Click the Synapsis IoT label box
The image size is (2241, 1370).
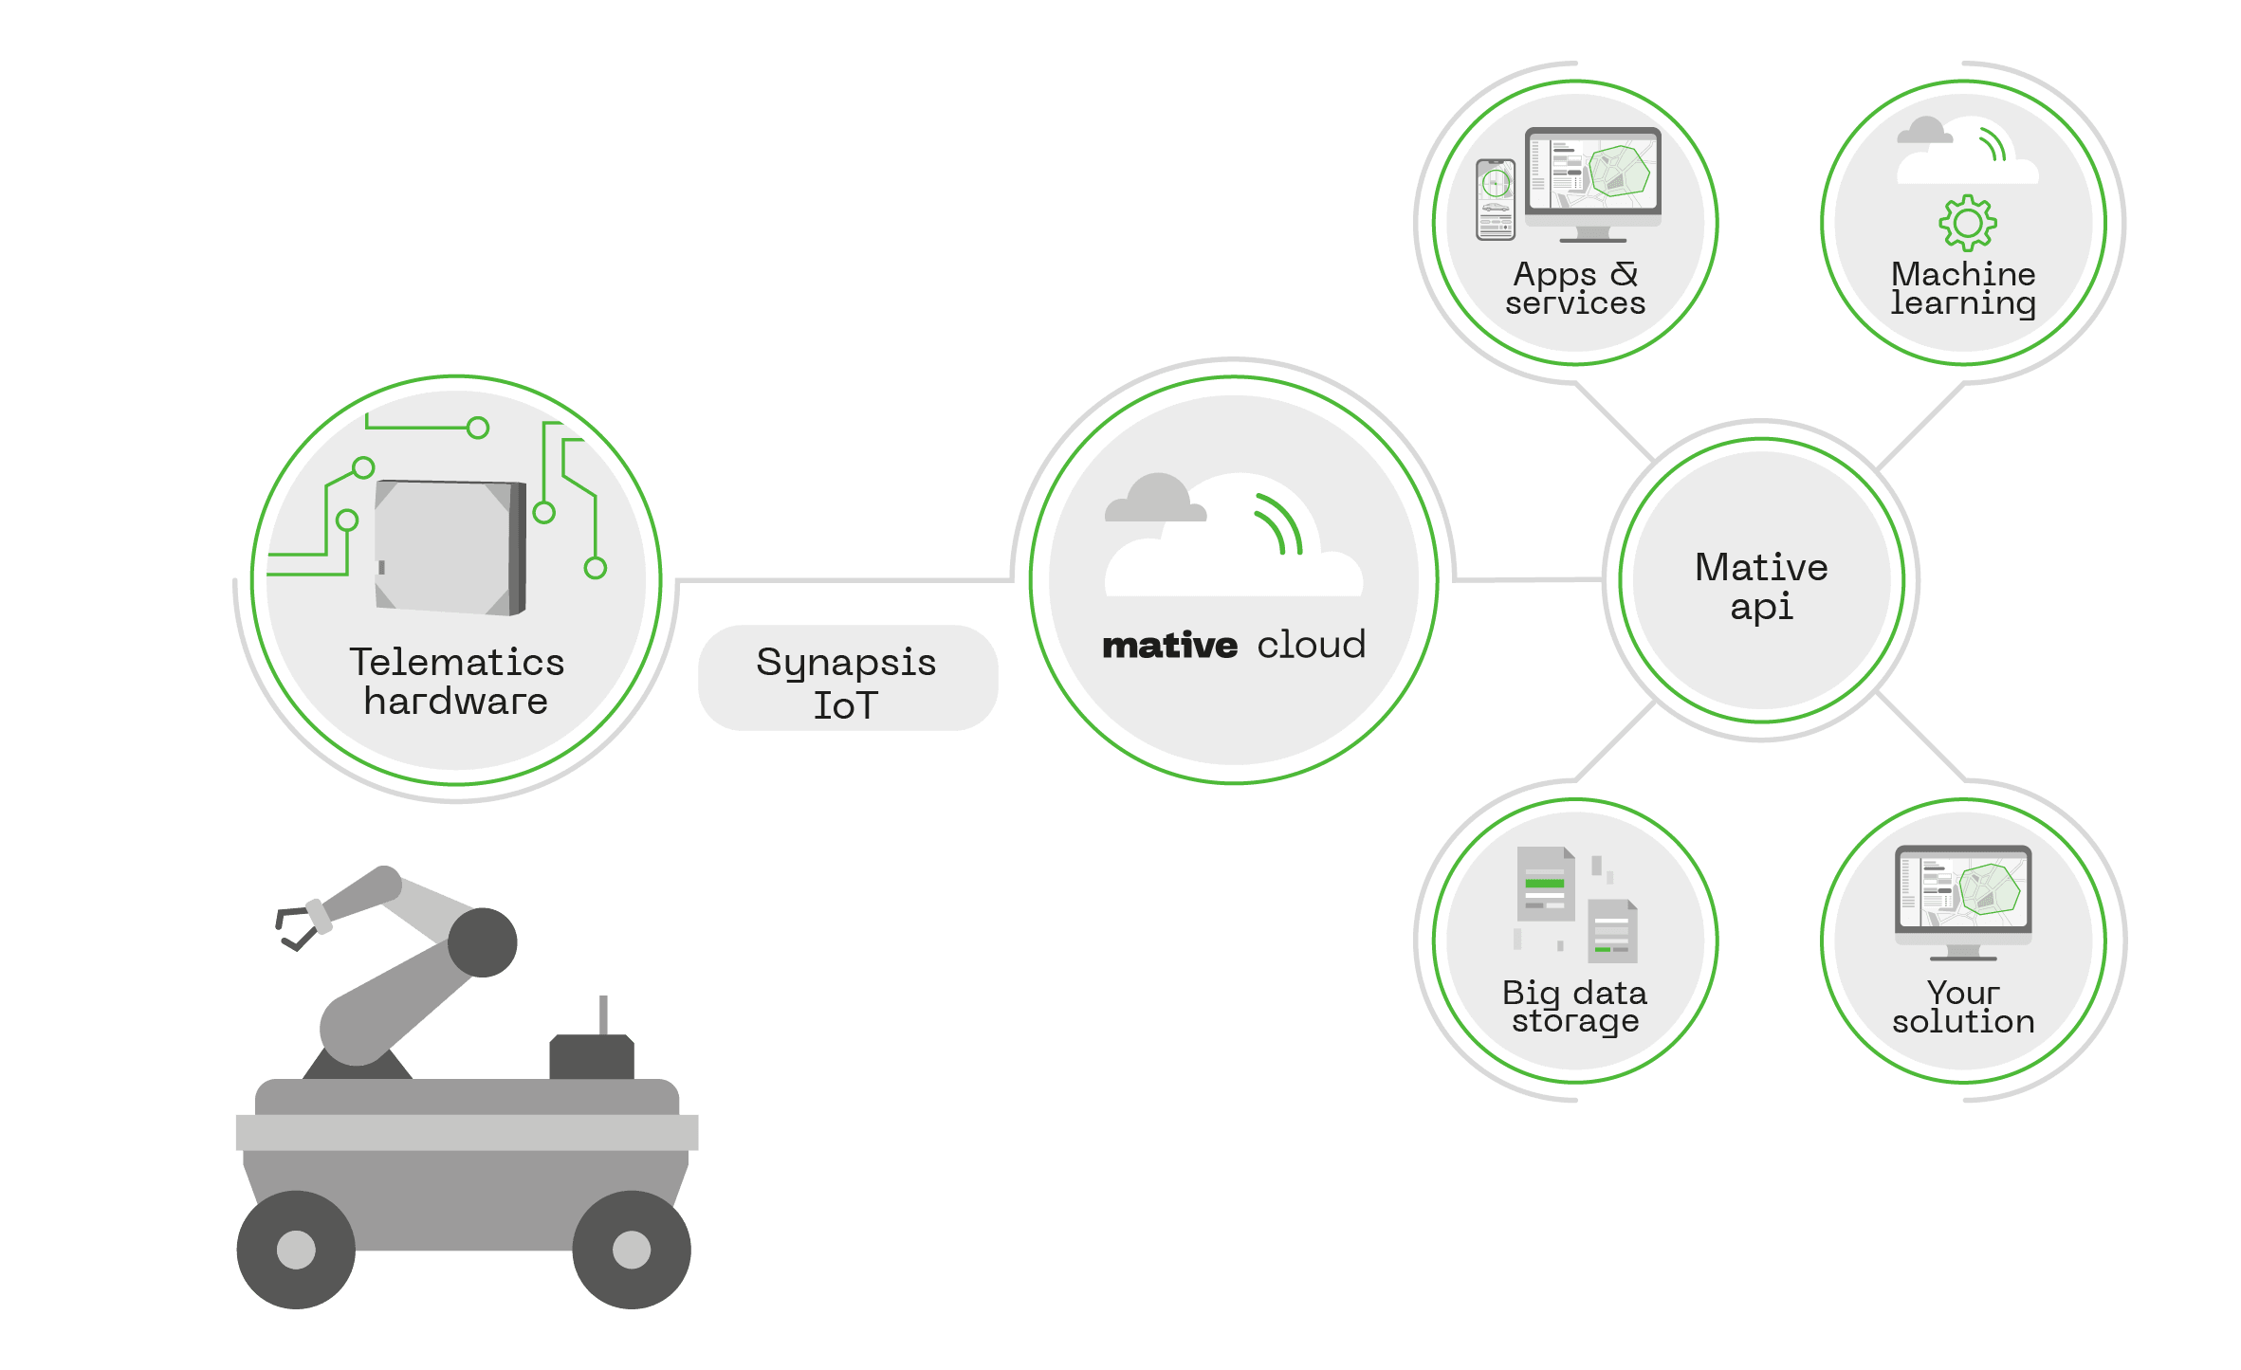coord(847,679)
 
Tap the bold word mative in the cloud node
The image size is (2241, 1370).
coord(1169,647)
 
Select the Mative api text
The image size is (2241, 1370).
coord(1761,586)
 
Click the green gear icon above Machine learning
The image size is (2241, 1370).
coord(1967,223)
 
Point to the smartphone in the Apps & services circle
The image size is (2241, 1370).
coord(1496,199)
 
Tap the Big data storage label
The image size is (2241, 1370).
coord(1574,1007)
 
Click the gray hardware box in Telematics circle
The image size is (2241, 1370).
coord(450,547)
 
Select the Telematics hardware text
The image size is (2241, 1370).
coord(456,681)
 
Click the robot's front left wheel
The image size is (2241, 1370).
coord(296,1249)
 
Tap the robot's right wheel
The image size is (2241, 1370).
coord(632,1249)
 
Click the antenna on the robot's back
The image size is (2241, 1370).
coord(603,1015)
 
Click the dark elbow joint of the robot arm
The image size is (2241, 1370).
coord(482,941)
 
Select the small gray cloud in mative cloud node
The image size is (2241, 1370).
coord(1156,499)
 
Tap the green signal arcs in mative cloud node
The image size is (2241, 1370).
coord(1279,523)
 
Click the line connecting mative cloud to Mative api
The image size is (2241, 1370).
coord(1527,578)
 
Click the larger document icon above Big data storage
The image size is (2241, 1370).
coord(1545,884)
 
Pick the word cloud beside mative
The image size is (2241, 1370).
coord(1312,645)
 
